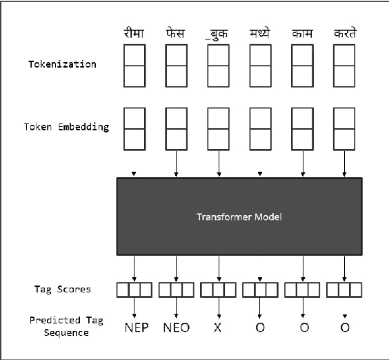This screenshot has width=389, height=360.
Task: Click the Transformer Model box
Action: coord(239,217)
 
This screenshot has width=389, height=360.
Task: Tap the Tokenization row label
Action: coord(62,64)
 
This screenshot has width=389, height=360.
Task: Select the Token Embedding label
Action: coord(66,127)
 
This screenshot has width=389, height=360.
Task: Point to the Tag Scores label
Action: coord(62,288)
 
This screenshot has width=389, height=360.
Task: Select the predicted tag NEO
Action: coord(177,327)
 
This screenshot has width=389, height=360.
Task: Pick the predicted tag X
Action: coord(218,327)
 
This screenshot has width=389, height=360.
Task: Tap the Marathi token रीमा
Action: coord(134,32)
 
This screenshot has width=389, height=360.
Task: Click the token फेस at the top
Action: coord(176,32)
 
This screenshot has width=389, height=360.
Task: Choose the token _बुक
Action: coord(218,32)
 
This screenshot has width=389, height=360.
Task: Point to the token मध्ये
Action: coord(260,32)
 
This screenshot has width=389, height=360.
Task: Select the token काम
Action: coord(302,32)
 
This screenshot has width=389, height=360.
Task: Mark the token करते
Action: coord(344,32)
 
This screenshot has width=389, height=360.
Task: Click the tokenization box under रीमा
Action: coord(134,65)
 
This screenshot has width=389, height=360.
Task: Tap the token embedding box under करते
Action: coord(344,128)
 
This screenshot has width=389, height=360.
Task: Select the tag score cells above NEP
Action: coord(134,289)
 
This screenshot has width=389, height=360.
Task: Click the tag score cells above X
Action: coord(218,289)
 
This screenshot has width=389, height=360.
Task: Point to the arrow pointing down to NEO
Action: coord(177,308)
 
